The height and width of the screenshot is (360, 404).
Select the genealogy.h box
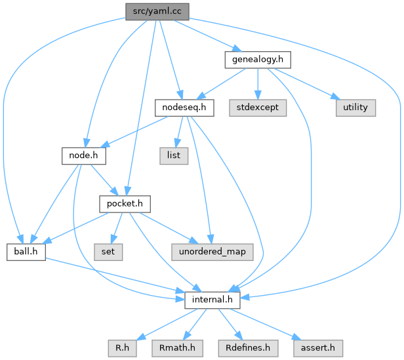257,60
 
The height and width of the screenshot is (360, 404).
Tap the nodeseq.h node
184,107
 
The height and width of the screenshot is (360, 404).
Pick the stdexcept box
258,107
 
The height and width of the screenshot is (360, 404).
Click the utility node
356,107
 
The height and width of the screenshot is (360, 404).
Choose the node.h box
83,155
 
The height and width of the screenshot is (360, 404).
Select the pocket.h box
125,204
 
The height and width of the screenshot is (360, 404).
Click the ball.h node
26,252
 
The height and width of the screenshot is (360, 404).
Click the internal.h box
212,300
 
